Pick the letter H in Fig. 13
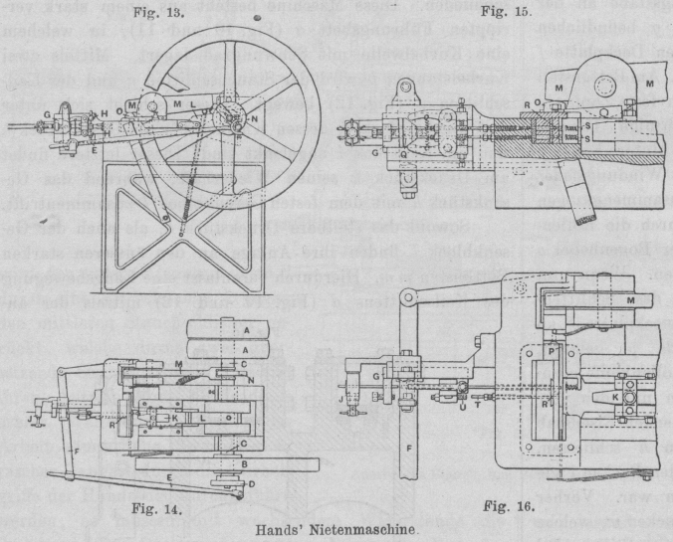click(x=105, y=113)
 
